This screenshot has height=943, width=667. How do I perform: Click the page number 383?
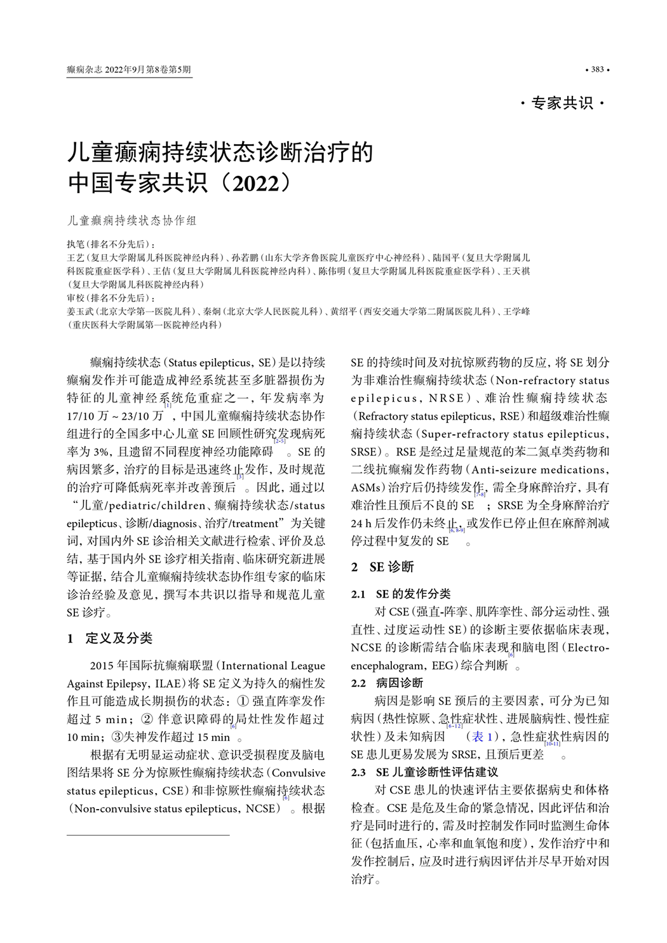(597, 69)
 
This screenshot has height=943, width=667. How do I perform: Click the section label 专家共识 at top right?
(562, 103)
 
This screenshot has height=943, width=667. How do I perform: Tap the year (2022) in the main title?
(255, 184)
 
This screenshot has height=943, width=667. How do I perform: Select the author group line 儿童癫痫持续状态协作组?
(132, 220)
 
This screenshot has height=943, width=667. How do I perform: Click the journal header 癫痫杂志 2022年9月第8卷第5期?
(129, 69)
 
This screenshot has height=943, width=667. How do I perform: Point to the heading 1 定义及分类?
(110, 638)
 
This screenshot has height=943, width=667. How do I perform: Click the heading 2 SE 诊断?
(382, 566)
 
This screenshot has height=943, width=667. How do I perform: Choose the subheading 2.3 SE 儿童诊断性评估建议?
(424, 772)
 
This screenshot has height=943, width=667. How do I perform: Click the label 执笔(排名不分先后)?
(111, 244)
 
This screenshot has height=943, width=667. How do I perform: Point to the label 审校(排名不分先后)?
(111, 298)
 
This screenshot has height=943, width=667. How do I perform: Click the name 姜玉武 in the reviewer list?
(79, 311)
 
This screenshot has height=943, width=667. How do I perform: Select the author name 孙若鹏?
(244, 257)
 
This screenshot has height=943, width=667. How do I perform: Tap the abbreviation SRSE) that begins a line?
(367, 451)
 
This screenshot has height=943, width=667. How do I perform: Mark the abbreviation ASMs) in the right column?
(368, 487)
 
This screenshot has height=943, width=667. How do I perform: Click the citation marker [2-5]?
(280, 441)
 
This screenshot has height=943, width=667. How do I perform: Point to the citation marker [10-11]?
(552, 744)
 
